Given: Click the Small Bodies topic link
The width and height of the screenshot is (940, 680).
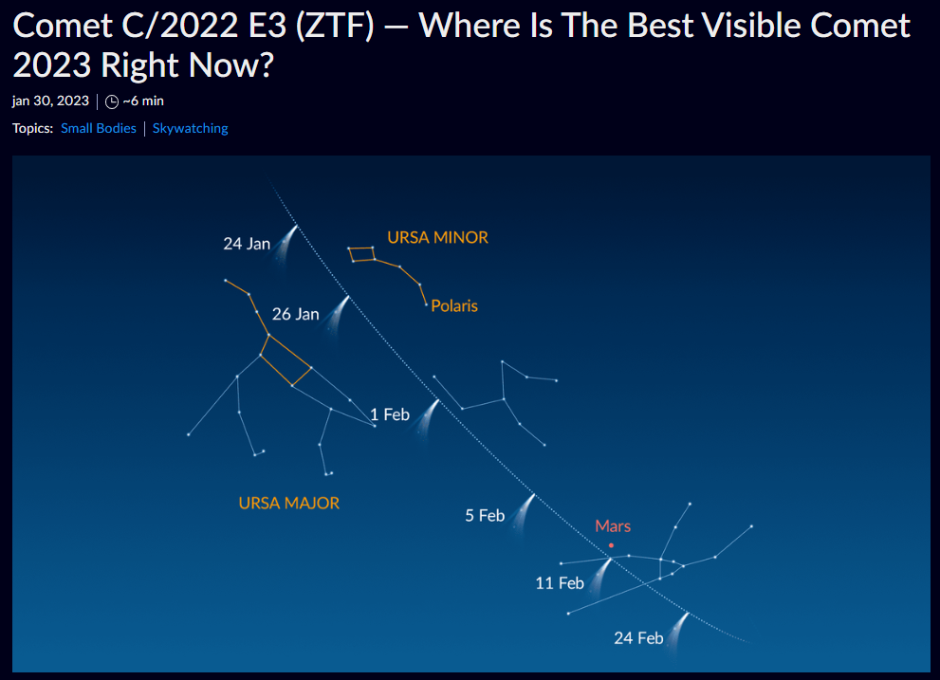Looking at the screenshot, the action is click(99, 128).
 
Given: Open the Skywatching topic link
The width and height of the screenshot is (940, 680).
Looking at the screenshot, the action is click(190, 128).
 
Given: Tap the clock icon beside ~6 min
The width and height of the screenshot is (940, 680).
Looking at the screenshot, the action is click(112, 101).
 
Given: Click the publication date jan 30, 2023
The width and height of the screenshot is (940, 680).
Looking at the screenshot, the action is click(50, 101).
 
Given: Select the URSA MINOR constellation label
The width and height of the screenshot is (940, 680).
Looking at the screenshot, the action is click(437, 237).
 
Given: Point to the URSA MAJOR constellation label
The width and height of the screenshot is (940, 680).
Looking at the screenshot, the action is click(289, 503).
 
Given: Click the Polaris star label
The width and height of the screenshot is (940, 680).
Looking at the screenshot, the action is click(454, 305).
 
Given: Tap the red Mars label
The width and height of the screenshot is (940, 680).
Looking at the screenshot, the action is click(613, 526).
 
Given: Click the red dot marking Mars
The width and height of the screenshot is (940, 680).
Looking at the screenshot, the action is click(611, 545).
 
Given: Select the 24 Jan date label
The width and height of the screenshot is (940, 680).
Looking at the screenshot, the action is click(247, 244).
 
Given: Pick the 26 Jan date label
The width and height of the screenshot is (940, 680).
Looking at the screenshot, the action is click(296, 314).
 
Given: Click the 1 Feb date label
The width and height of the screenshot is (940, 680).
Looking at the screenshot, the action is click(390, 415).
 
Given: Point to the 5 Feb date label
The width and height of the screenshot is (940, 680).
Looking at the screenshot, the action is click(485, 516).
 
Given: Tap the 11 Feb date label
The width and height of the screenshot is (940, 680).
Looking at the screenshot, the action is click(560, 583).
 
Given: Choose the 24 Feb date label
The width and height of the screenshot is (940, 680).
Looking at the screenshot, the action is click(638, 638).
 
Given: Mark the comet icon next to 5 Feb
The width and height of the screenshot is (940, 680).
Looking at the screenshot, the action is click(523, 513).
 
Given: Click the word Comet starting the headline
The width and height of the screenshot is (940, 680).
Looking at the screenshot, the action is click(63, 27).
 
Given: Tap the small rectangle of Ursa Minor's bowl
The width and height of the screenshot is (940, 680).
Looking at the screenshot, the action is click(362, 254).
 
